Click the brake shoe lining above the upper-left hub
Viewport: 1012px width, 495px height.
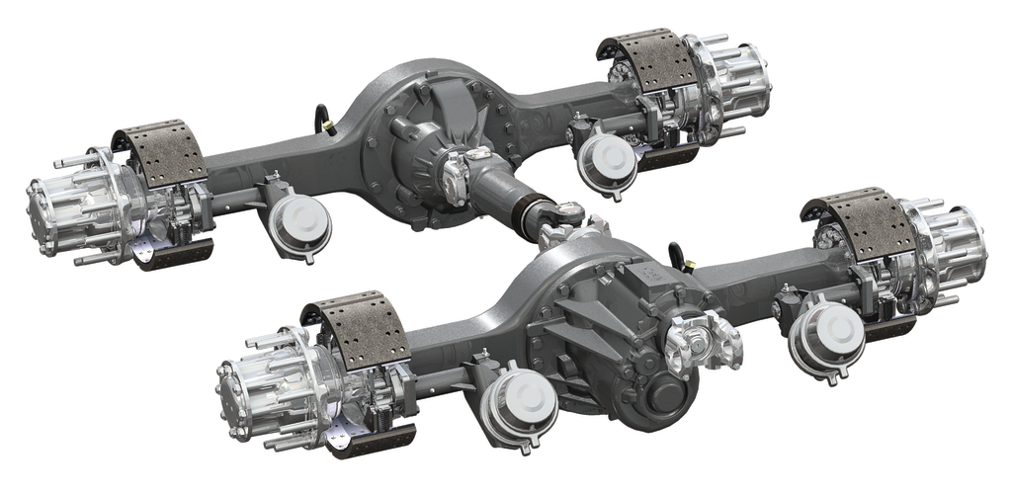coord(160,154)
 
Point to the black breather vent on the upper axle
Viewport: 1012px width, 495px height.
coord(323,119)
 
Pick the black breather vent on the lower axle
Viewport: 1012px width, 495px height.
coord(679,255)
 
